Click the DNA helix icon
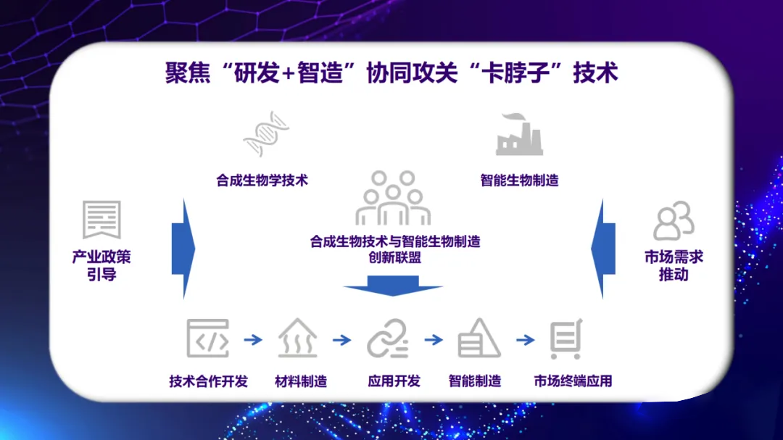266,134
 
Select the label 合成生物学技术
262,180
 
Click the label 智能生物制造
519,180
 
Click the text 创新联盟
394,257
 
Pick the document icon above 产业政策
101,220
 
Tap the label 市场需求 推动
674,265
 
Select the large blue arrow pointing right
183,249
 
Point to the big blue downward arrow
392,288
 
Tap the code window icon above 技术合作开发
208,338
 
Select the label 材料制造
300,381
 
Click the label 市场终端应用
573,381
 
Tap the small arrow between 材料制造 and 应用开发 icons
341,339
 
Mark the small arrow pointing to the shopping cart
525,339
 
